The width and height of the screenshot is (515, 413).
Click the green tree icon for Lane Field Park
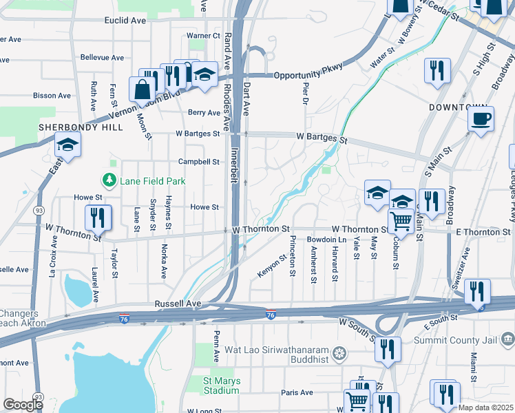click(x=108, y=181)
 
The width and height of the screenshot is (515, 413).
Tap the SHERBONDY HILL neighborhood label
click(x=81, y=127)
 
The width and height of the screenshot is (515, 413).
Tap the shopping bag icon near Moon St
click(x=142, y=90)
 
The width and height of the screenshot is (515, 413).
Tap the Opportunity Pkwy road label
click(x=308, y=75)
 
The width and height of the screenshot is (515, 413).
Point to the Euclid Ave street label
click(x=125, y=21)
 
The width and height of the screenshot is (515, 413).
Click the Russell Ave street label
click(x=178, y=303)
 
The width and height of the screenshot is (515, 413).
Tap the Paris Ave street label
click(x=297, y=392)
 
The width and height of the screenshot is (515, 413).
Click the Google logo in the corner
click(x=23, y=405)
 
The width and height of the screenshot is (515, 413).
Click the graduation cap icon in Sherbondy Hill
click(x=67, y=145)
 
